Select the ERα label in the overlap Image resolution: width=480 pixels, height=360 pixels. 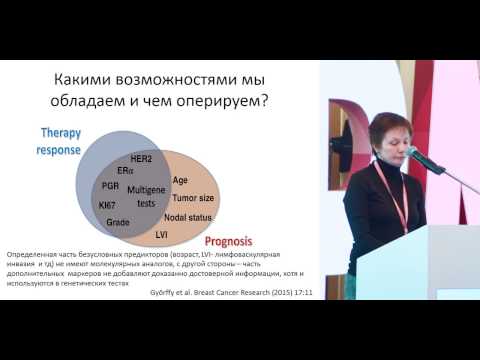pyautogui.click(x=125, y=171)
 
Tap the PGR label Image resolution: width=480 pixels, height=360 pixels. pyautogui.click(x=111, y=186)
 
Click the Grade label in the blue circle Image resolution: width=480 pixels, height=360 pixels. pyautogui.click(x=117, y=221)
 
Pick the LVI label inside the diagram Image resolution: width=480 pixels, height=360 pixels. pyautogui.click(x=162, y=233)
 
